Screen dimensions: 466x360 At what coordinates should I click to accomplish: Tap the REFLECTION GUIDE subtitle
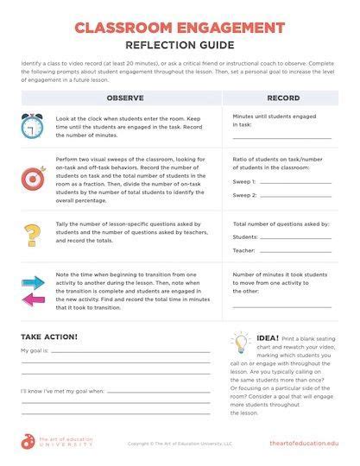pyautogui.click(x=180, y=46)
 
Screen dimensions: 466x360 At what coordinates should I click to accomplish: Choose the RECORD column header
pyautogui.click(x=283, y=98)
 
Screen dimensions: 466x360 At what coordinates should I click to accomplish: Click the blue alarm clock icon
pyautogui.click(x=34, y=127)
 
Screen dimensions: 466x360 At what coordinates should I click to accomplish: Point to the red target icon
pyautogui.click(x=34, y=178)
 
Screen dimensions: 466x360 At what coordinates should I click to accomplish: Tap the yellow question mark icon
pyautogui.click(x=33, y=235)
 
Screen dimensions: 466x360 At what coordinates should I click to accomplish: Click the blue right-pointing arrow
pyautogui.click(x=33, y=282)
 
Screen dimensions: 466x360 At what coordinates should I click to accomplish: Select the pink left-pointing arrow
pyautogui.click(x=33, y=299)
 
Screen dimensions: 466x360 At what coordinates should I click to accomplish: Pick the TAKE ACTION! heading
pyautogui.click(x=49, y=337)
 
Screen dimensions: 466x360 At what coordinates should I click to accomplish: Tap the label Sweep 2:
pyautogui.click(x=245, y=195)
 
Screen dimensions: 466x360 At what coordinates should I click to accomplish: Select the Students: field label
pyautogui.click(x=246, y=236)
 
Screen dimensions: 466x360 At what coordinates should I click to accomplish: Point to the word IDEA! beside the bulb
pyautogui.click(x=267, y=337)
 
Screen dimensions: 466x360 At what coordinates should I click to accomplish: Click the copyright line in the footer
pyautogui.click(x=180, y=444)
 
